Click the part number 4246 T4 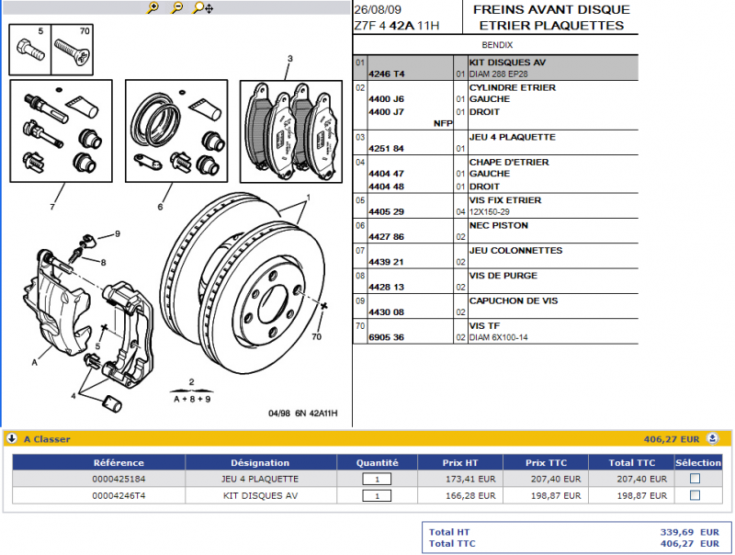(386, 74)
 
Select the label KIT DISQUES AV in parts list (507, 62)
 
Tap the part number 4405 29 (386, 211)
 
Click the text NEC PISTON (499, 224)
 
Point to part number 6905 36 (386, 337)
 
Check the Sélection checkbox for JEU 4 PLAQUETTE (695, 479)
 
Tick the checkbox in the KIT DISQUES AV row (695, 495)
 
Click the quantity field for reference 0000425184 (377, 479)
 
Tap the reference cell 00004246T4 (119, 495)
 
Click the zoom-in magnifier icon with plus (153, 7)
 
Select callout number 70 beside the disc (317, 336)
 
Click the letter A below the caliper (34, 362)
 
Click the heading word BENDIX (497, 44)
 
